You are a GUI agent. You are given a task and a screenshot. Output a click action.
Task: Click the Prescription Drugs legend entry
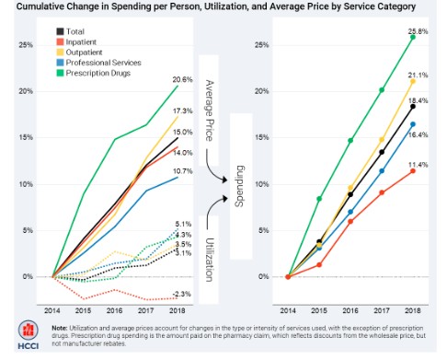pyautogui.click(x=103, y=73)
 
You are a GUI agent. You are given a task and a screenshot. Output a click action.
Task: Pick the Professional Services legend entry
pyautogui.click(x=107, y=63)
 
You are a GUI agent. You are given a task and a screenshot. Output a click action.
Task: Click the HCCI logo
pyautogui.click(x=23, y=335)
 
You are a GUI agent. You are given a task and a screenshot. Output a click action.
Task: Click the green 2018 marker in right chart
pyautogui.click(x=412, y=38)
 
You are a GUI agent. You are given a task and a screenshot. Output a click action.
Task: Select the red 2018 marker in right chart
pyautogui.click(x=412, y=170)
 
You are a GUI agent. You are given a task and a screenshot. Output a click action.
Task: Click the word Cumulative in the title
pyautogui.click(x=36, y=6)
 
